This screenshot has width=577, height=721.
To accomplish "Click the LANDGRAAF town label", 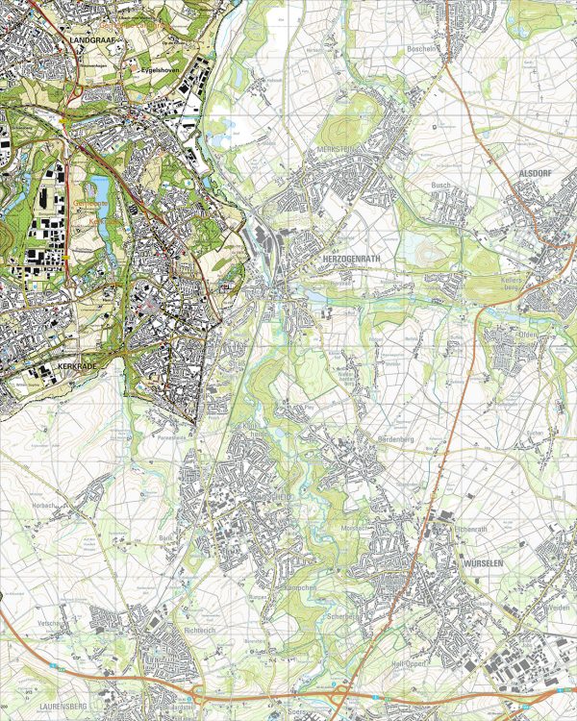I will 93,39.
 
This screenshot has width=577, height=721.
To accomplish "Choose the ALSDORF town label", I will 532,164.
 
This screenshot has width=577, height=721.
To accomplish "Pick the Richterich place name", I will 201,630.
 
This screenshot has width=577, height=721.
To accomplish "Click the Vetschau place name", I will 53,623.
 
